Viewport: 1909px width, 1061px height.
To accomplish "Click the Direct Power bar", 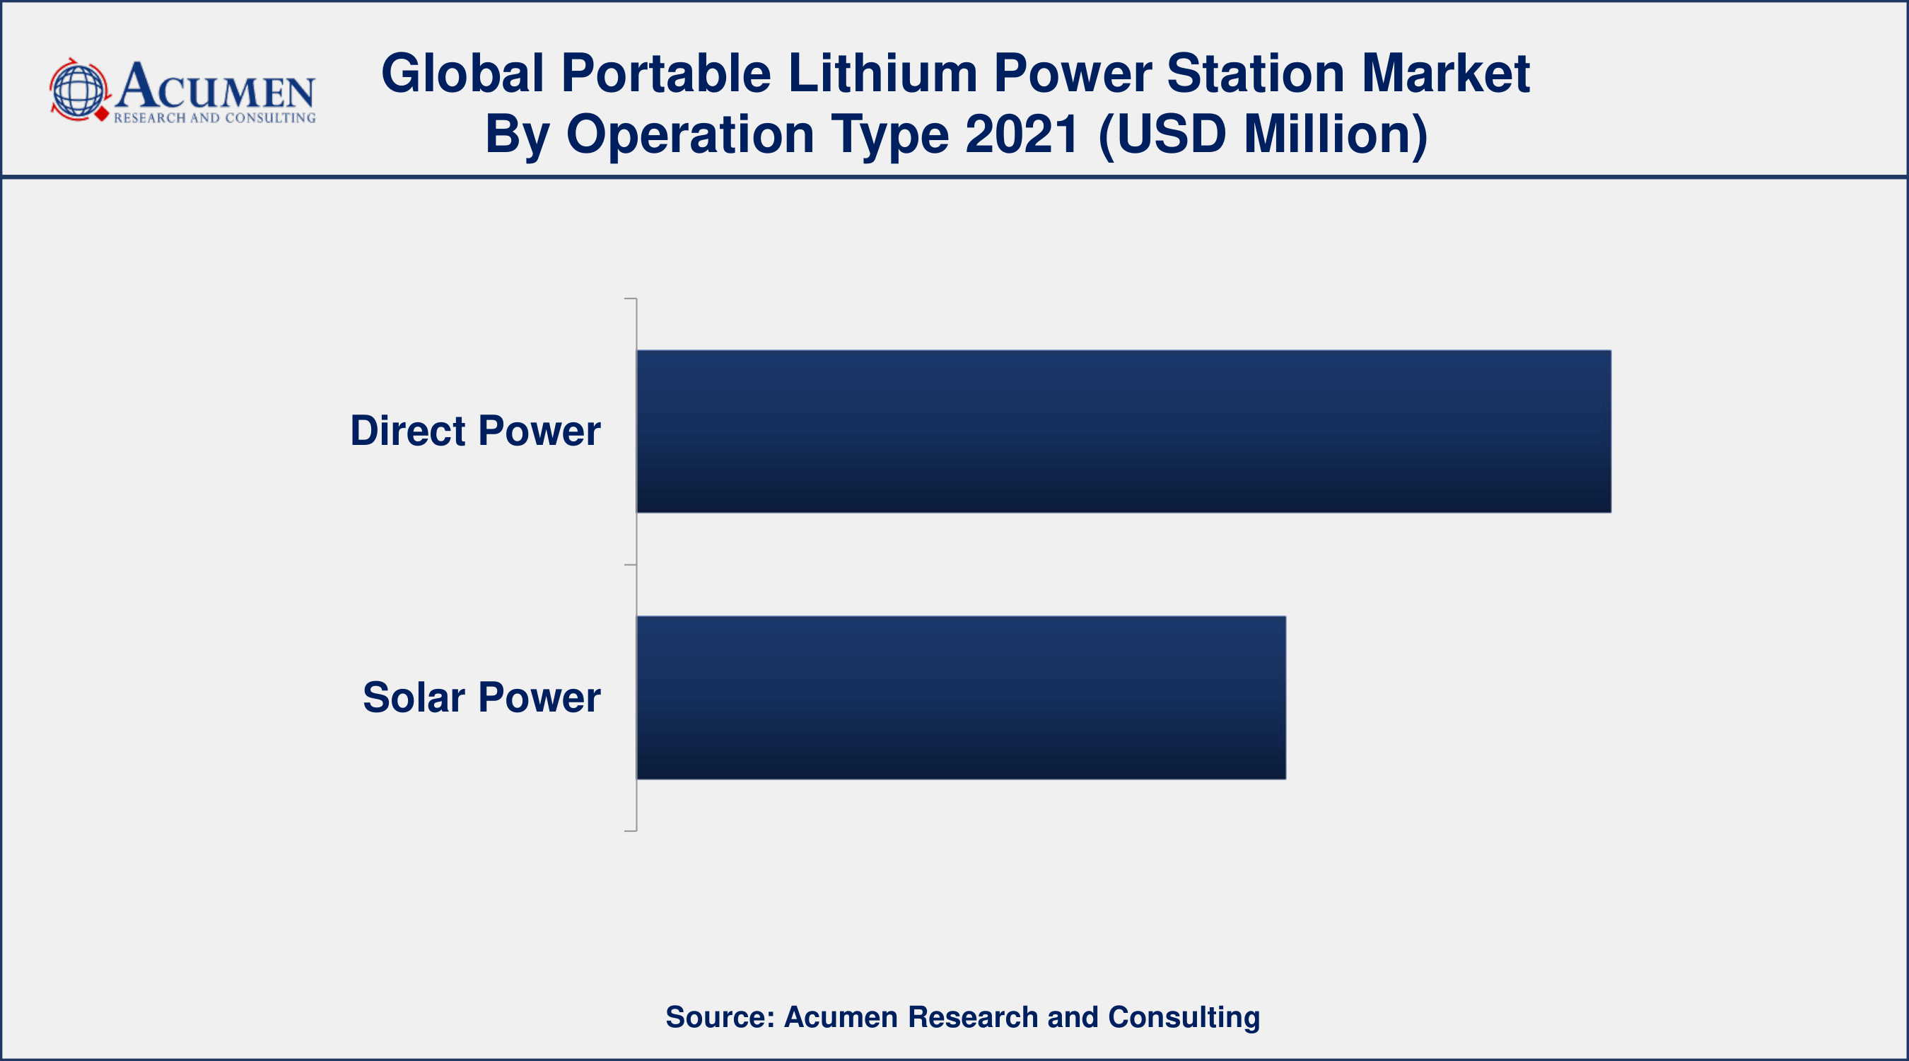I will point(1123,431).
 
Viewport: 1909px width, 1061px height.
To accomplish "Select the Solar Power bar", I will point(961,697).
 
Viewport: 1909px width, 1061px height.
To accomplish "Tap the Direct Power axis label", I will point(475,431).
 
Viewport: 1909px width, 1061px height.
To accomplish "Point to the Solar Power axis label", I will point(481,697).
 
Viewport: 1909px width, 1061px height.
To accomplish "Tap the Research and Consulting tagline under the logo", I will point(214,118).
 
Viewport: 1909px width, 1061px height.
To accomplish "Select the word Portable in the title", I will point(665,74).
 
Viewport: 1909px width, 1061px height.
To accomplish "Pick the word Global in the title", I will point(463,74).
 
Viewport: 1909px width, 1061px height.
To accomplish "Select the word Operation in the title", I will point(690,135).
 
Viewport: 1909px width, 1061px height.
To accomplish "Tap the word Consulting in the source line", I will point(1184,1017).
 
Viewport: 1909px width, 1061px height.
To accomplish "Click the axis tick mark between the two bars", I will point(631,565).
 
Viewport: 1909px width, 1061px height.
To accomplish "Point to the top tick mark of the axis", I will point(631,298).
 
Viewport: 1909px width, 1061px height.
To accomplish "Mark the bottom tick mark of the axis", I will point(631,830).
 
